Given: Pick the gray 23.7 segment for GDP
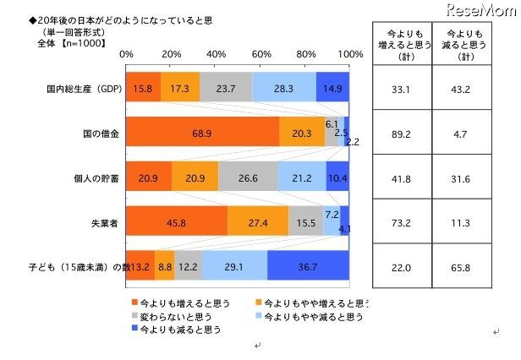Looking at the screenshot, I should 225,87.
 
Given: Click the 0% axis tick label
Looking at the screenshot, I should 127,55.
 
